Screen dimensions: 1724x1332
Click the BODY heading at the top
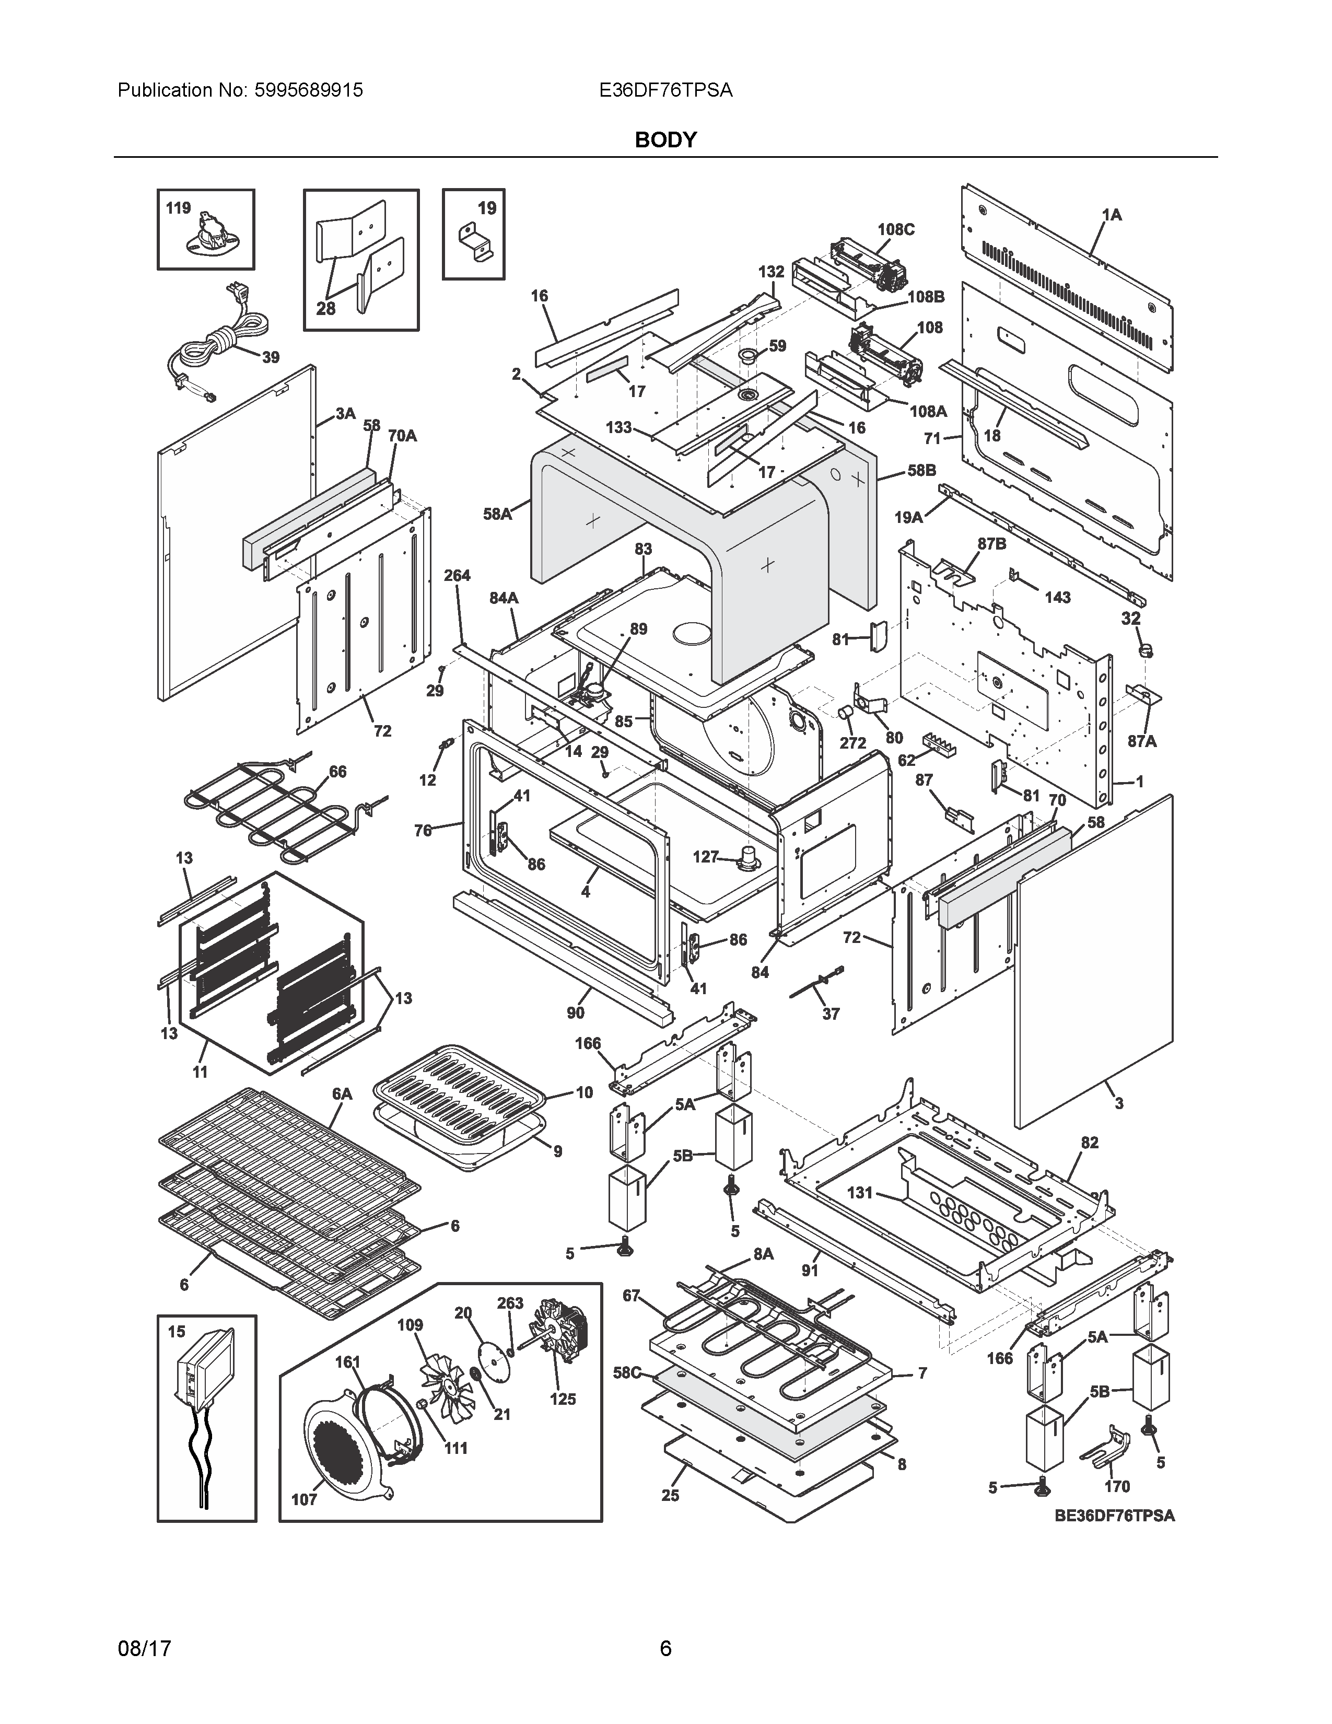(665, 139)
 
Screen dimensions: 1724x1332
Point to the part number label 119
(178, 208)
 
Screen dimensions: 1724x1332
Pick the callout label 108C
(896, 230)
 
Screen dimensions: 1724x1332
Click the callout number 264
(457, 576)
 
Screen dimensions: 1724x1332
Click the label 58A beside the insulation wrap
(497, 514)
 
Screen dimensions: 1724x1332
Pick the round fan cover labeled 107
(347, 1451)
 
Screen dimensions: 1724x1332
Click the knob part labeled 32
(1145, 650)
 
